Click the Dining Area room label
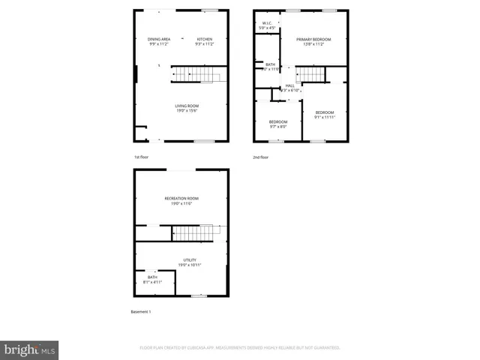[159, 41]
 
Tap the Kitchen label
[205, 41]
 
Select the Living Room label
[187, 108]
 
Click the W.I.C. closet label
[265, 25]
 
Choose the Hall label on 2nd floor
[289, 88]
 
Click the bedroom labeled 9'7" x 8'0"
[278, 124]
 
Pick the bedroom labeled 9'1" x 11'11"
[325, 115]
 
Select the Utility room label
[189, 262]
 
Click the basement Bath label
[152, 280]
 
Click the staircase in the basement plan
[199, 233]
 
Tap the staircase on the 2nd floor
[311, 75]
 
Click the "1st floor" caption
[142, 157]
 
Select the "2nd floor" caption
[260, 157]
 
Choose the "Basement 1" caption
[142, 311]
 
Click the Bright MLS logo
[30, 349]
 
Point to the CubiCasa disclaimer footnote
[240, 348]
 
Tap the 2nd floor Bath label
[271, 67]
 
